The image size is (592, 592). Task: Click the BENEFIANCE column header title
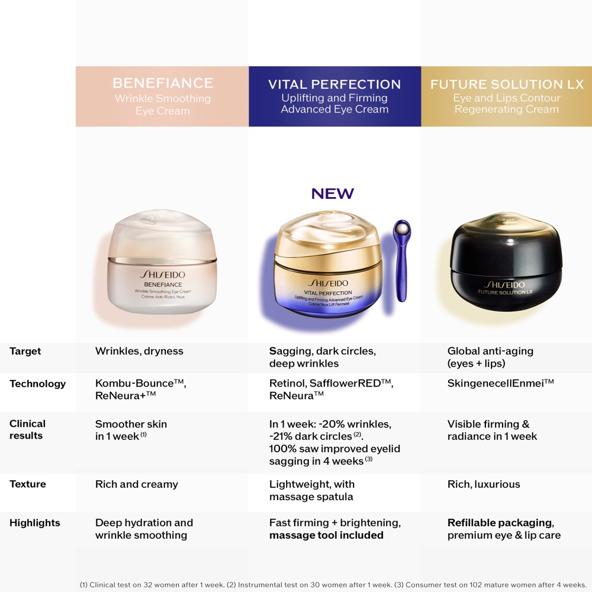[162, 83]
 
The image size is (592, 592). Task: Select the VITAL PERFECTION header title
[334, 84]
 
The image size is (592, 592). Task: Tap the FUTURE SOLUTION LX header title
[507, 84]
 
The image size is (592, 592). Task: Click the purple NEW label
[333, 194]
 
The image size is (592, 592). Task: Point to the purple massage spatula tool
[403, 266]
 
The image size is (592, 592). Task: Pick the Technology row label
[37, 384]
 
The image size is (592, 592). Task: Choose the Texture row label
[27, 484]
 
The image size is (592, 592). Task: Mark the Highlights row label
[34, 523]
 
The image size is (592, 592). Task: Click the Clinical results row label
[27, 430]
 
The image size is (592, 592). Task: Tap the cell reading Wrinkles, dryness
[139, 351]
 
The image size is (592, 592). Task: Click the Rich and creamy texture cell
[136, 484]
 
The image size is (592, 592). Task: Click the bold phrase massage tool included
[326, 535]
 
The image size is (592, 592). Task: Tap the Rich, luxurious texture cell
[484, 484]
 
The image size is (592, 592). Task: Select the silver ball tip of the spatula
[403, 228]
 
